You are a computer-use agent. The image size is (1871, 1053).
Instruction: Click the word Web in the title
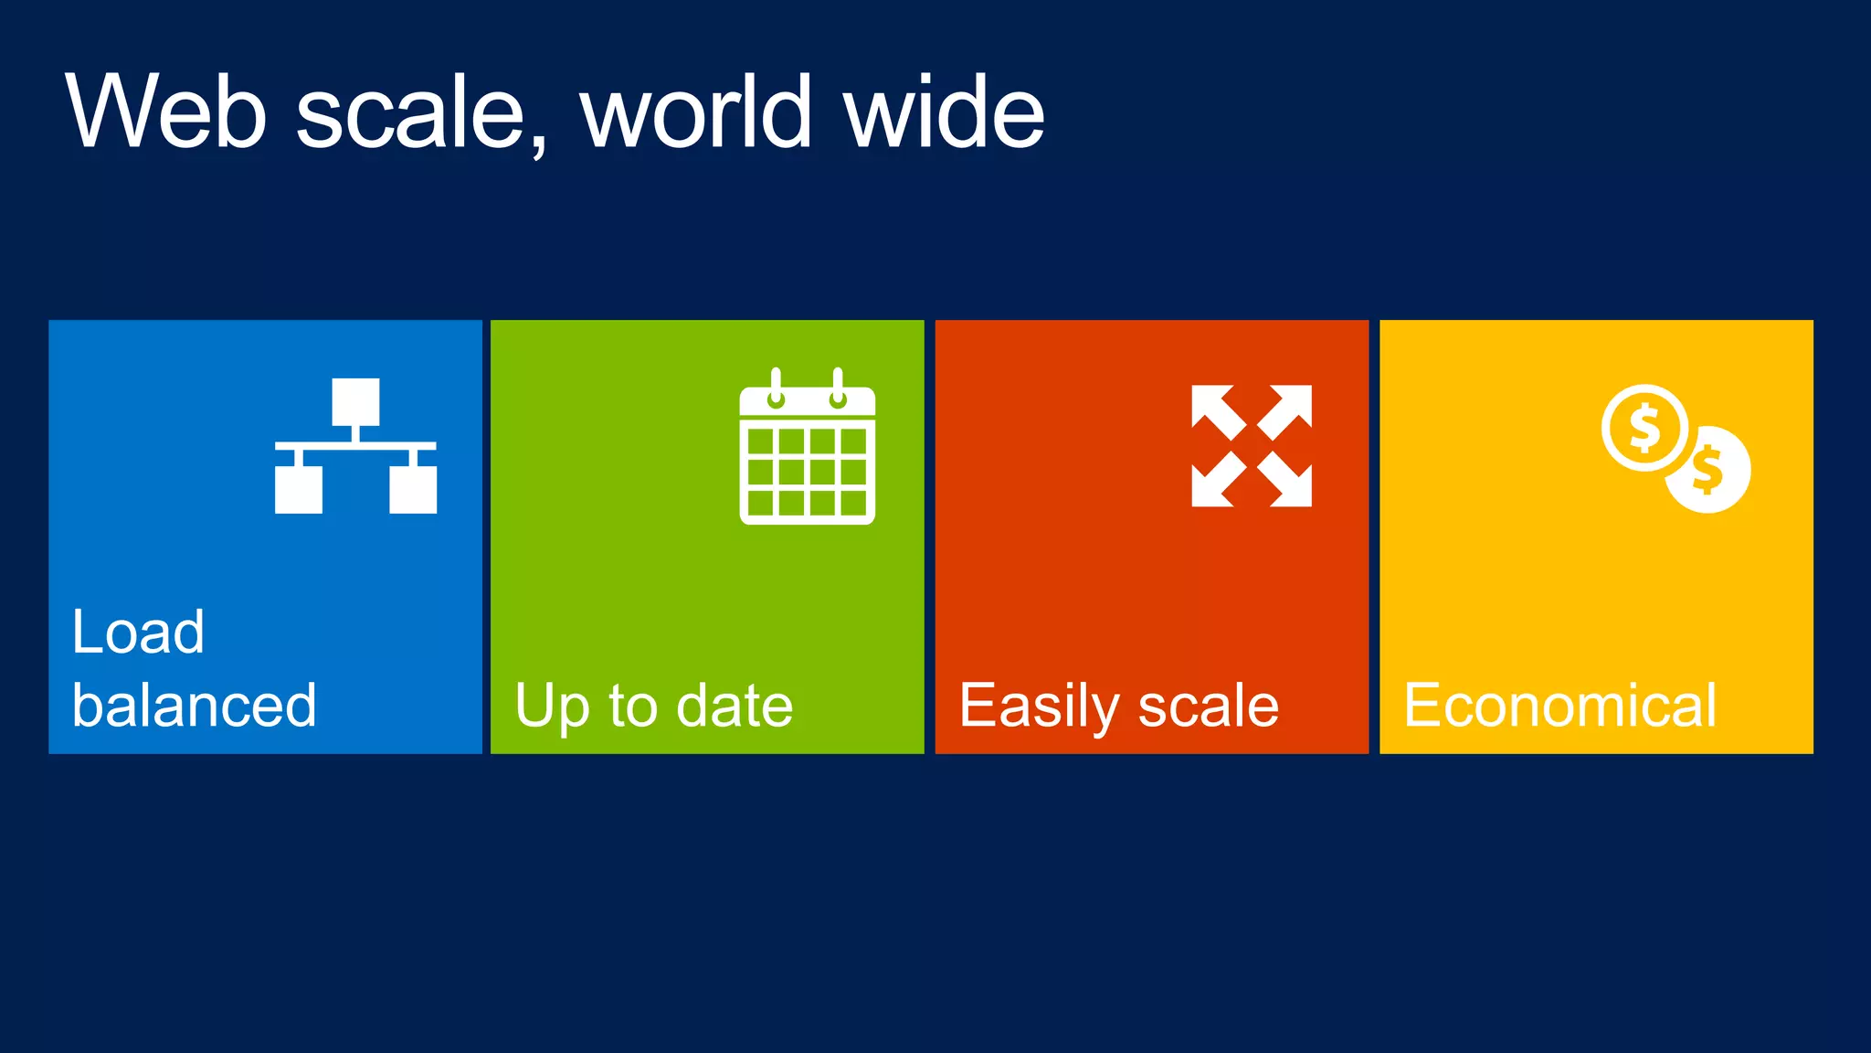click(166, 112)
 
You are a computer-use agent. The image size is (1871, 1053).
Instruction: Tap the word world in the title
click(696, 112)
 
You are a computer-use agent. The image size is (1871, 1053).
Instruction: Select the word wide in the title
click(945, 112)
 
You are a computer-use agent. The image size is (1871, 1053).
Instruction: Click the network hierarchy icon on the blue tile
click(355, 445)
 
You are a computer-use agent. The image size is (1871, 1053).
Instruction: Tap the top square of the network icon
click(355, 400)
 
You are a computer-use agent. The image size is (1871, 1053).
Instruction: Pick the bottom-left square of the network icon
click(299, 489)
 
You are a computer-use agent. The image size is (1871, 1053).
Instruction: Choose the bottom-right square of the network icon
click(413, 489)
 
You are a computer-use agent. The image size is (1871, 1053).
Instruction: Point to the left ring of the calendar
click(776, 388)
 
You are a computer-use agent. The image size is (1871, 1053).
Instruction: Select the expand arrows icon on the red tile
click(1252, 445)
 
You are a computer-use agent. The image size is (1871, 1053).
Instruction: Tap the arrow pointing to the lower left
click(1217, 482)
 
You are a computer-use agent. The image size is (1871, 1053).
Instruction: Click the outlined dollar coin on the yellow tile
click(1644, 428)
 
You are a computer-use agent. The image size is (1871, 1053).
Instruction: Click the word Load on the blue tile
click(138, 632)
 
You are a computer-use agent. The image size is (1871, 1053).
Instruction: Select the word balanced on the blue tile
click(195, 706)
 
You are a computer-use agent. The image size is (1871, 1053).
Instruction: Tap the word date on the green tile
click(735, 706)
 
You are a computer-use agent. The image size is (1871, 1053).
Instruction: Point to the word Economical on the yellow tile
click(1560, 706)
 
